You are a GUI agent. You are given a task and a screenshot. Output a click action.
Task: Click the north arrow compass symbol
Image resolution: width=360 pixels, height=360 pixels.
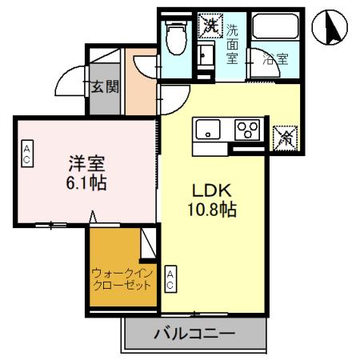pos(332,29)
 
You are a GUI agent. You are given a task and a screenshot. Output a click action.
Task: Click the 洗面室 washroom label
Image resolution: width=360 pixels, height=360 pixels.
pos(232,43)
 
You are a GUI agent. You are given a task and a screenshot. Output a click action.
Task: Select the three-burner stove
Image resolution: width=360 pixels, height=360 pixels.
pos(247,128)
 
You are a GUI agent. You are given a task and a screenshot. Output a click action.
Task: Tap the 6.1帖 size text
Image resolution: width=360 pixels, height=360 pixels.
pos(85,183)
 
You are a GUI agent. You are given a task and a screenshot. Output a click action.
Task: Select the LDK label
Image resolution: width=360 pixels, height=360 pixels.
pos(211,192)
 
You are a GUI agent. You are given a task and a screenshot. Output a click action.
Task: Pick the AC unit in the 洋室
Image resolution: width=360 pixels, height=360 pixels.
pos(26,154)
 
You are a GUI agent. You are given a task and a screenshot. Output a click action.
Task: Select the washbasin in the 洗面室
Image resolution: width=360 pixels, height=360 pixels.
pos(204,56)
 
